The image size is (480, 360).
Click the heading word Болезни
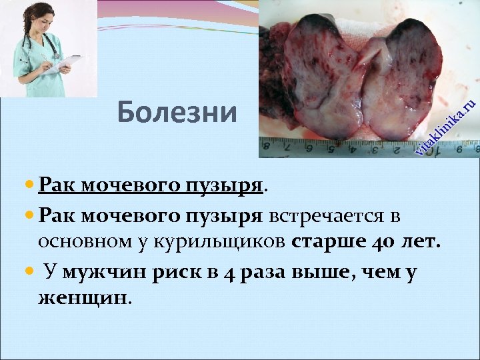pos(177,113)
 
